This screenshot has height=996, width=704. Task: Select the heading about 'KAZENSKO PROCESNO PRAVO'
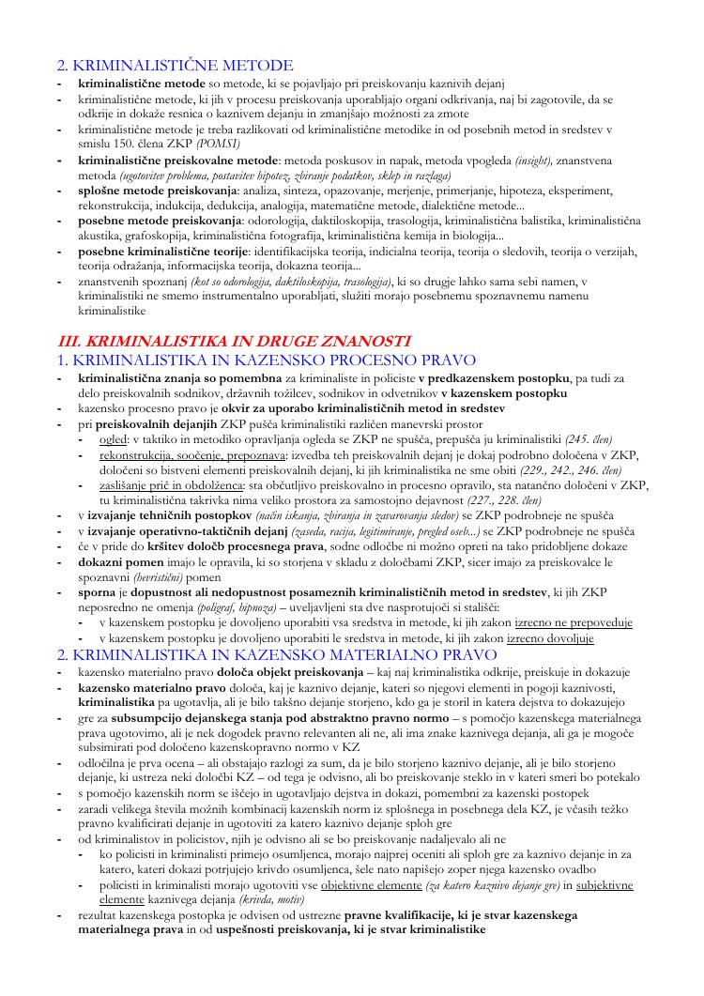click(x=267, y=360)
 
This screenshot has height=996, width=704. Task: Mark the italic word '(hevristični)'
click(x=149, y=576)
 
